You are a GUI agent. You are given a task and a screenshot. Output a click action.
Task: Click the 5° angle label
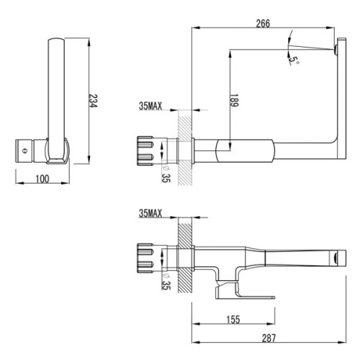[294, 62]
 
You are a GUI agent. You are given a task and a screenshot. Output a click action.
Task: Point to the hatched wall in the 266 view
[185, 152]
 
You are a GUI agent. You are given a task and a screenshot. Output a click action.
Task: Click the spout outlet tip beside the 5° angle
[338, 48]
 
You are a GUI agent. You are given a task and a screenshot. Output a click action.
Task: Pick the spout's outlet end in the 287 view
[334, 256]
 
